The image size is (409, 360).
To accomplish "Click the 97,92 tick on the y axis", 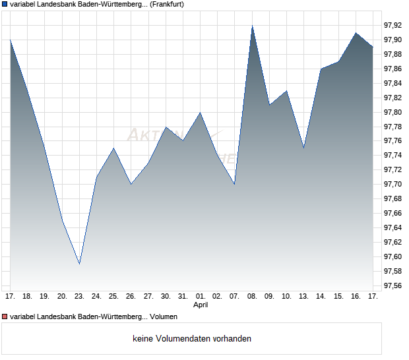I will tap(393, 26).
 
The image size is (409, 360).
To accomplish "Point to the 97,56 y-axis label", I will tap(393, 286).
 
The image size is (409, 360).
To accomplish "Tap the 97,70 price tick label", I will tap(393, 185).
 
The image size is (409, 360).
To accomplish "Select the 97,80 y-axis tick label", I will tap(393, 112).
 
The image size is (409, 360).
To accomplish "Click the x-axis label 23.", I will tap(79, 296).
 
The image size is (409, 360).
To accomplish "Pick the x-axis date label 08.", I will tap(252, 296).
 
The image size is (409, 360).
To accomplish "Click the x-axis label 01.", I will tap(201, 296).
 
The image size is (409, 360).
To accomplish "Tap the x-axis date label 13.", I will tap(303, 296).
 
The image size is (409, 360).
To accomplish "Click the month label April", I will tap(201, 305).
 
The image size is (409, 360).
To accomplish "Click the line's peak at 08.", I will tap(252, 26).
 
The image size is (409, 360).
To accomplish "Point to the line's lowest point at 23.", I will tap(79, 264).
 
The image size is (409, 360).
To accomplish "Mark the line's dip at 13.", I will tap(303, 148).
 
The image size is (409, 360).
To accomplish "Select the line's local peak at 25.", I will tap(113, 148).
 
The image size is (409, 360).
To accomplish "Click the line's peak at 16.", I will tap(356, 32).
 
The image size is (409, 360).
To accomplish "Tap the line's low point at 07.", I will tap(235, 185).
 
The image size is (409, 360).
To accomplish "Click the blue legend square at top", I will tap(5, 5).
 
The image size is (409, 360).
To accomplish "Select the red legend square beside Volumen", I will tap(5, 316).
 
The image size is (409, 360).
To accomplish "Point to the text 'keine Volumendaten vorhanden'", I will tap(192, 339).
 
